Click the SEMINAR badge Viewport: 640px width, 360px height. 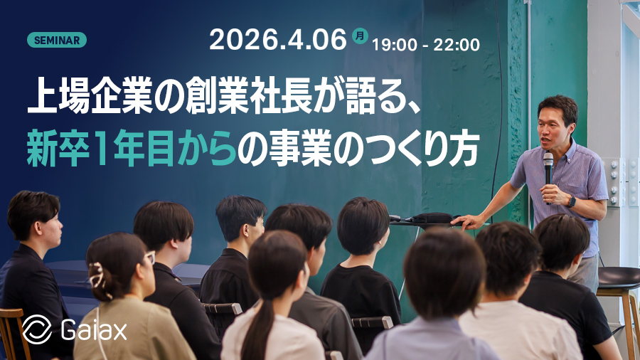56,40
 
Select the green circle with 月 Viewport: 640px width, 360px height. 361,35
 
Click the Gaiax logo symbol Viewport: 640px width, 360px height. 36,329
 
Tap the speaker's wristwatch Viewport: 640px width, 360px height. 571,201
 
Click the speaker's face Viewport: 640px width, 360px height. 555,125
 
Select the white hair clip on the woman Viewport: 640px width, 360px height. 97,273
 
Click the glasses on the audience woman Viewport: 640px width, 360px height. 149,257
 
